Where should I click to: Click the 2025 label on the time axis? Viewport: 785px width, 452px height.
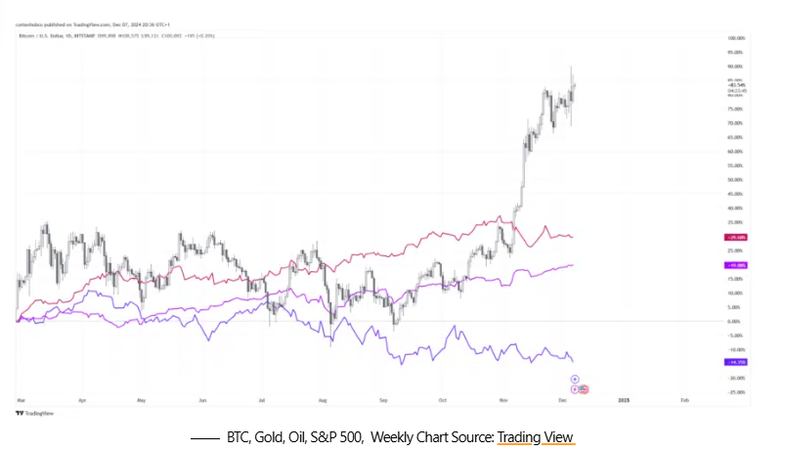[x=624, y=400]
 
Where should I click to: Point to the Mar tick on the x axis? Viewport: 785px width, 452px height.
[x=21, y=400]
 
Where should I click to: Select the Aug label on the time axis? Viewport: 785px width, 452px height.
[x=324, y=400]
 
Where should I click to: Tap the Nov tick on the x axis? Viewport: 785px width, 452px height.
[x=503, y=400]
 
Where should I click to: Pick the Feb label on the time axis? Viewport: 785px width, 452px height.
[x=684, y=400]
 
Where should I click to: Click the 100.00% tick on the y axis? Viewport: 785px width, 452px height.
[x=736, y=38]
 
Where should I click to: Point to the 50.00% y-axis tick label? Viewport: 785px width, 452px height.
[x=736, y=180]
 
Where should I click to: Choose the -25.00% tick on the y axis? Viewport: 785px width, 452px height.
[x=736, y=391]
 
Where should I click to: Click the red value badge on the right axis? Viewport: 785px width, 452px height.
[x=735, y=238]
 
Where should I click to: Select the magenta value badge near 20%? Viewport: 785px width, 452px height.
[x=735, y=265]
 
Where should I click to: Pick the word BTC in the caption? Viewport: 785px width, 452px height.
[x=240, y=436]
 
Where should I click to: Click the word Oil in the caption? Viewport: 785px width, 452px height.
[x=303, y=436]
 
